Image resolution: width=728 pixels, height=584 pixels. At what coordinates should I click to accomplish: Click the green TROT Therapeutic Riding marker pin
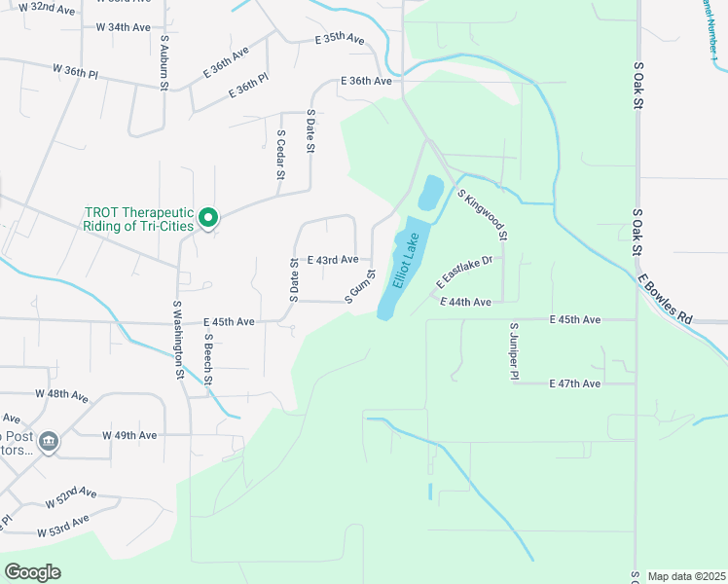(x=207, y=218)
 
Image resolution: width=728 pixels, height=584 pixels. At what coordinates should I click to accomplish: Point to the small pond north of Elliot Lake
(x=430, y=192)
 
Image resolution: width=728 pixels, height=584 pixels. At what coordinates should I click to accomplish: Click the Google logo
(x=32, y=572)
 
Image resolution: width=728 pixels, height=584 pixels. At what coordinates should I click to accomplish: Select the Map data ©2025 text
(x=686, y=576)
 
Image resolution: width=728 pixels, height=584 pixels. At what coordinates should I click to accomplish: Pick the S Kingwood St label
(x=483, y=215)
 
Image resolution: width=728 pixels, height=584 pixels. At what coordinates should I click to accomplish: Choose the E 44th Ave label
(x=465, y=303)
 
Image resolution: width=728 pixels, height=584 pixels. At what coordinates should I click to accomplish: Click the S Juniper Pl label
(x=514, y=351)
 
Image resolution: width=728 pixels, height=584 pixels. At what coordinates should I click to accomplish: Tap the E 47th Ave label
(x=575, y=383)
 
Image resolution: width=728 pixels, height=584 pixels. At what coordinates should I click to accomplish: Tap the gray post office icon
(x=50, y=443)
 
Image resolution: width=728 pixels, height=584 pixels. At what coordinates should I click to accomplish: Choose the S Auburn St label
(x=164, y=64)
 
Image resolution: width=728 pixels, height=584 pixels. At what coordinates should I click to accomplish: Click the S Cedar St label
(x=280, y=156)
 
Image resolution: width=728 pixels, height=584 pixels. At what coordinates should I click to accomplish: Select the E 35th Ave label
(x=339, y=39)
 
